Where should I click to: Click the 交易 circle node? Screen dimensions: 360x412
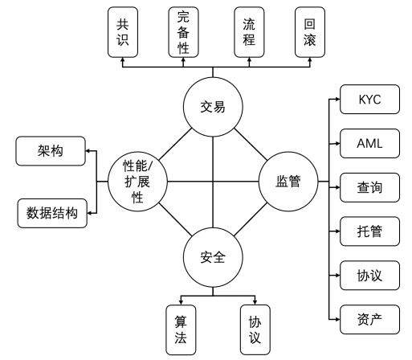pyautogui.click(x=212, y=106)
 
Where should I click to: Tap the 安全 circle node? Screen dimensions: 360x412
pyautogui.click(x=212, y=258)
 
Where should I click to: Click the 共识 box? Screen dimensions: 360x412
pyautogui.click(x=123, y=33)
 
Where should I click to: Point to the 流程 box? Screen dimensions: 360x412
pyautogui.click(x=249, y=33)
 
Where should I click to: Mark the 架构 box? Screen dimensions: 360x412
pyautogui.click(x=50, y=151)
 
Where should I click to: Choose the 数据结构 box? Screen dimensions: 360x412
pyautogui.click(x=50, y=213)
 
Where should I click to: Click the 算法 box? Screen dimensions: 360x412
pyautogui.click(x=181, y=328)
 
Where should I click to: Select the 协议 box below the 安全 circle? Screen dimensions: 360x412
pyautogui.click(x=255, y=328)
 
